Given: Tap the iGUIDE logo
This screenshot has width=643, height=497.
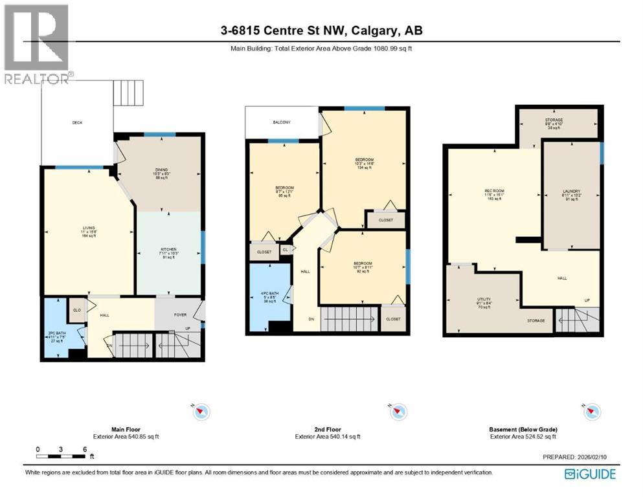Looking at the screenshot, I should click(590, 474).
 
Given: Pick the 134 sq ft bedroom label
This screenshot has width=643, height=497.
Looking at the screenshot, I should click(364, 164).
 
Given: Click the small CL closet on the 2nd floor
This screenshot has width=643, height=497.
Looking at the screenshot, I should click(285, 250).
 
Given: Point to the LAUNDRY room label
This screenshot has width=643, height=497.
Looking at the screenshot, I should click(570, 195).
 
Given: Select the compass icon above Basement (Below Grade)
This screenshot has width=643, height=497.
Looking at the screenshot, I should click(592, 411).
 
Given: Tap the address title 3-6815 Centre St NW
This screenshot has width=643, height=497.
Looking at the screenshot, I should click(321, 30).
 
